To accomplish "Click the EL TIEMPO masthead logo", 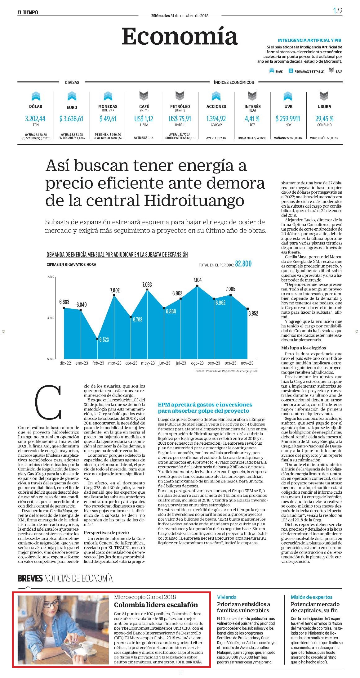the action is click(x=28, y=12).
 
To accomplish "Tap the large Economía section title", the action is click(x=180, y=36).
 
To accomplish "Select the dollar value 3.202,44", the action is click(x=35, y=119).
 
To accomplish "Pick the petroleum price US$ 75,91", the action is click(x=180, y=119).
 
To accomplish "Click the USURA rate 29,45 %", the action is click(x=324, y=119).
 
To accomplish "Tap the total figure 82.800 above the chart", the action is click(x=243, y=264).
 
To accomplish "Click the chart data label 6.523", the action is click(x=104, y=340).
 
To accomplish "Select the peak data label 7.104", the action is click(x=197, y=280).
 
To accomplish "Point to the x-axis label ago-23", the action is click(x=197, y=363).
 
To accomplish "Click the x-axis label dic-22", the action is click(x=65, y=363).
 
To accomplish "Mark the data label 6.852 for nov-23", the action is click(x=253, y=313).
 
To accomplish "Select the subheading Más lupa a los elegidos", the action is click(x=304, y=348).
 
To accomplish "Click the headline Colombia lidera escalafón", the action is click(x=156, y=605).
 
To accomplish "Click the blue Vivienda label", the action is click(x=227, y=597).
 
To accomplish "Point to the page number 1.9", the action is click(x=338, y=11).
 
